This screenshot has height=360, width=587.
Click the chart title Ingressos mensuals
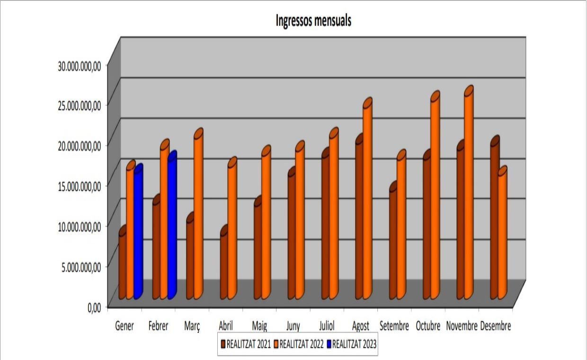click(313, 21)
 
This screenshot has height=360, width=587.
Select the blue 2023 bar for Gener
click(138, 232)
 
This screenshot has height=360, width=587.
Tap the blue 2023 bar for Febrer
click(172, 227)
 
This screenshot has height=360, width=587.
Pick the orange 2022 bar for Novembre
click(469, 194)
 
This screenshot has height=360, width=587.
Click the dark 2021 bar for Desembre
click(495, 220)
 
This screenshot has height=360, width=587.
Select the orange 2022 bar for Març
click(198, 216)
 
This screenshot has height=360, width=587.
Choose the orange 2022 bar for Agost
click(367, 201)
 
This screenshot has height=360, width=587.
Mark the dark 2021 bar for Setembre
click(393, 242)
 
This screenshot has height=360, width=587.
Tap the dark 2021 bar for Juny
click(292, 234)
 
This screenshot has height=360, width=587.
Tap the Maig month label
click(259, 326)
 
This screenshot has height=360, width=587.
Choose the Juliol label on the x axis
click(327, 326)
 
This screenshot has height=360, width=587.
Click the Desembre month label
click(496, 326)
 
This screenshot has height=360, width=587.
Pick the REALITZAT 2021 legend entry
click(245, 344)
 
